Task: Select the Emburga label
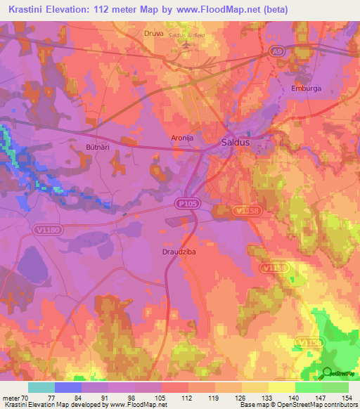tap(305, 89)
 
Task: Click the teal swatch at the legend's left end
tap(41, 387)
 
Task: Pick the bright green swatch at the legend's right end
tap(335, 387)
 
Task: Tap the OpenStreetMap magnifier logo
tap(328, 373)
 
